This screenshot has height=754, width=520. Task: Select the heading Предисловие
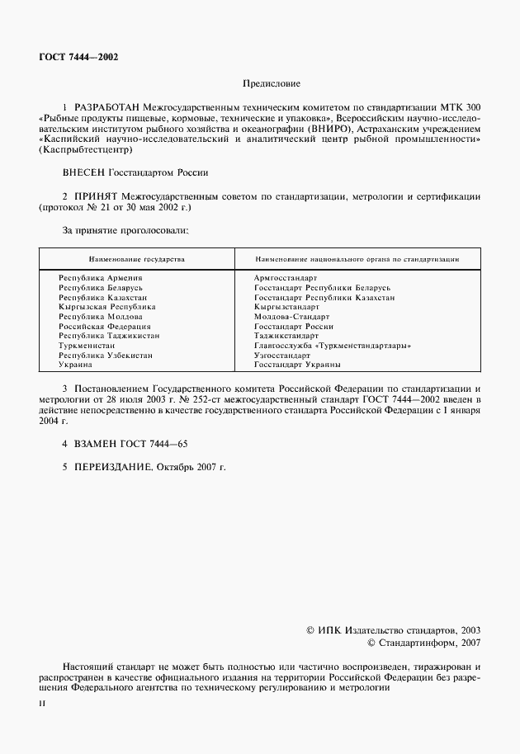271,83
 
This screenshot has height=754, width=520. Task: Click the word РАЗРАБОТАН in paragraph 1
106,108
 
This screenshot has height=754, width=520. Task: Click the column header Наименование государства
136,258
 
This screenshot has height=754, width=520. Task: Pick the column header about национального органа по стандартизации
357,258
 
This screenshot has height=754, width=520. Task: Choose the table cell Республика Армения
100,278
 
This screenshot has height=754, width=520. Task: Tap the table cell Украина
75,364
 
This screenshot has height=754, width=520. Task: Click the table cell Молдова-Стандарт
291,316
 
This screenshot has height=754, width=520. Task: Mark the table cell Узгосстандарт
282,355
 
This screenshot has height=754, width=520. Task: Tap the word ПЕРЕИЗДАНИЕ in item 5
114,467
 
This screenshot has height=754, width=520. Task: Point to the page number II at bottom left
42,703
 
